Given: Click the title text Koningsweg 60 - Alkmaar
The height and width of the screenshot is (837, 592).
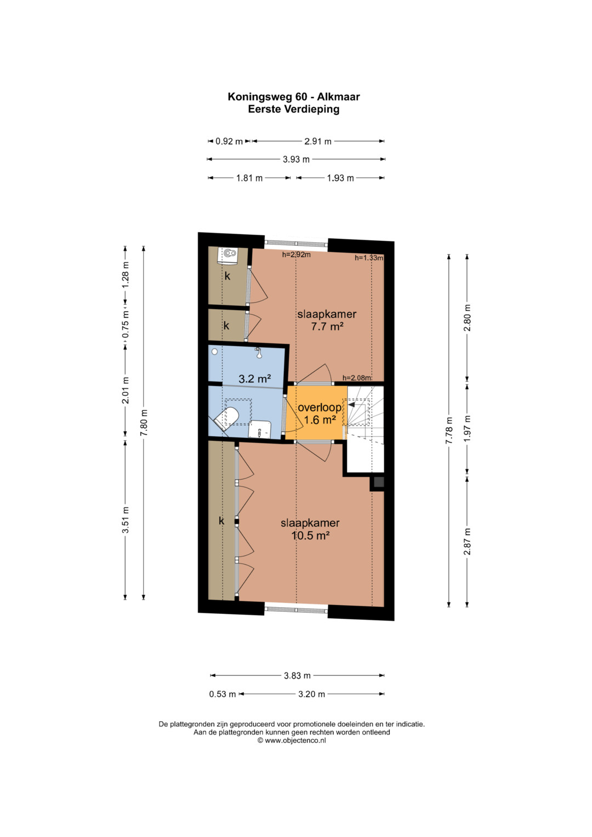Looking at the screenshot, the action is pos(294,97).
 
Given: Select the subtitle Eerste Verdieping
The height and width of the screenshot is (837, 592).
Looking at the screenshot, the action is pos(294,109).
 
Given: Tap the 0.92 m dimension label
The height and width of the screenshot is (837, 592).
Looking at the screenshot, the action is pos(229,141).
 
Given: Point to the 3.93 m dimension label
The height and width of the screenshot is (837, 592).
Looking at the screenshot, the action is pos(296,160).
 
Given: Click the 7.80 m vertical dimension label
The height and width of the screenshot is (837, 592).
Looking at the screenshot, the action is pos(144,422).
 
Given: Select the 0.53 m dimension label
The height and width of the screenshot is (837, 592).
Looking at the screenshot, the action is pos(223,694).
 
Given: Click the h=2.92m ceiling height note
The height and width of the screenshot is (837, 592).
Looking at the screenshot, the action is pos(297,255).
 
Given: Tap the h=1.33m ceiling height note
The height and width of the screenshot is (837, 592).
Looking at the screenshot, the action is pos(369,258).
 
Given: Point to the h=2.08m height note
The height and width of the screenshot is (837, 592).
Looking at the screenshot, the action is pos(357,378).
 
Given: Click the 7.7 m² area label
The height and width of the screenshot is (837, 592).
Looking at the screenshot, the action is pos(327,327).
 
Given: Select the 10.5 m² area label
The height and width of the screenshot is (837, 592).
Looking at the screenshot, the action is pos(310,536).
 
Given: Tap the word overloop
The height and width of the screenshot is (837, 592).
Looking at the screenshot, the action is pos(320,407).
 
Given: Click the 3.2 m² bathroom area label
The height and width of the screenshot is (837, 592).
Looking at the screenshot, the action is pos(255,379).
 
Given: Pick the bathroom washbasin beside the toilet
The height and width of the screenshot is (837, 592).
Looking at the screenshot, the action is pos(260,429).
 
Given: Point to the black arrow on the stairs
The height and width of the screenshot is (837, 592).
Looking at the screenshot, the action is pos(351,405).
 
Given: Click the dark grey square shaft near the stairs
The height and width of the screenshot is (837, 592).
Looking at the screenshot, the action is pos(379,482).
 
